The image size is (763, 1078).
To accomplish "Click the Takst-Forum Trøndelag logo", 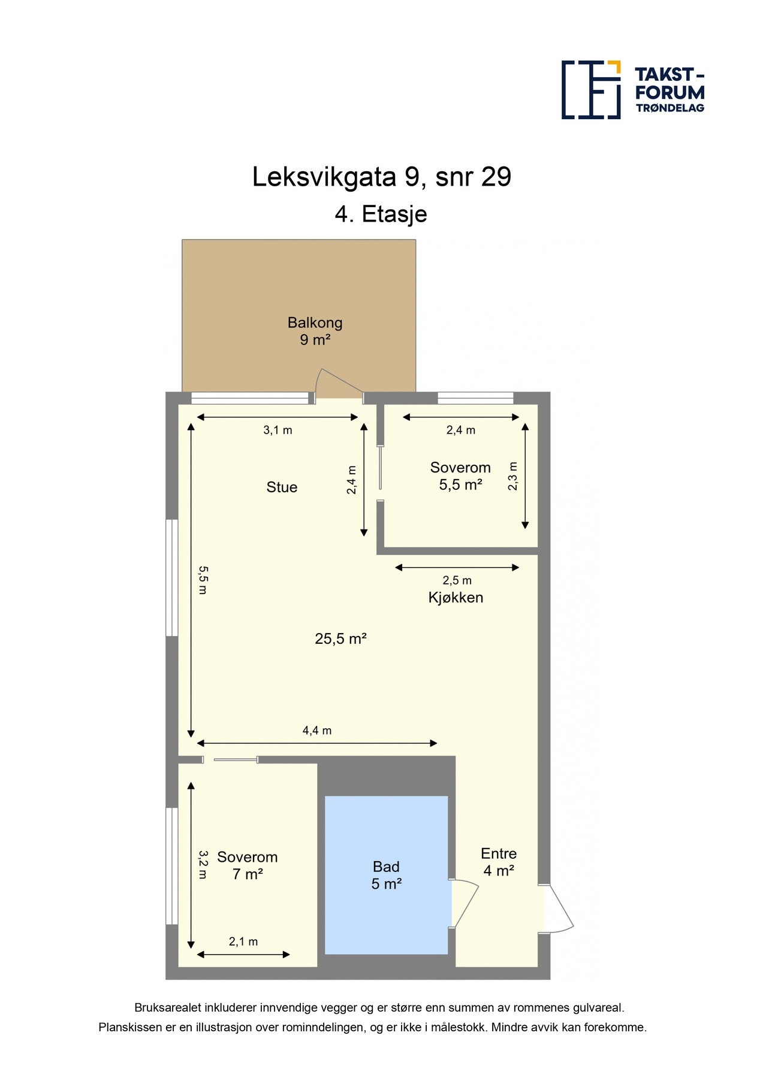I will pyautogui.click(x=632, y=90).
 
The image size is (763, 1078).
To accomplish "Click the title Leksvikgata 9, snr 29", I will pyautogui.click(x=381, y=177).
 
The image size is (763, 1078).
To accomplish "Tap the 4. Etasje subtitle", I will pyautogui.click(x=381, y=214).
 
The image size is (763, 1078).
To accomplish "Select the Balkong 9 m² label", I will pyautogui.click(x=315, y=331).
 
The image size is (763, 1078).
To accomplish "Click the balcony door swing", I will pyautogui.click(x=339, y=384).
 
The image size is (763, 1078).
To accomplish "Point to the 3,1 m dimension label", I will pyautogui.click(x=278, y=430).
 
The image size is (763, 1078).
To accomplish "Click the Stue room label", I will pyautogui.click(x=282, y=487).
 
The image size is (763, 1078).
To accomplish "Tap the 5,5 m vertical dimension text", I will pyautogui.click(x=203, y=580).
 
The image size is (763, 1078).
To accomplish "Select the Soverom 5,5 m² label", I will pyautogui.click(x=460, y=476).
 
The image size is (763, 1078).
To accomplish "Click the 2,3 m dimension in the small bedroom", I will pyautogui.click(x=512, y=476).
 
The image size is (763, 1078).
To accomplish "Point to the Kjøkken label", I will pyautogui.click(x=456, y=598).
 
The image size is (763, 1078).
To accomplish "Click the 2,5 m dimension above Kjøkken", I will pyautogui.click(x=457, y=580).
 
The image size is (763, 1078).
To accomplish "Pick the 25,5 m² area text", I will pyautogui.click(x=340, y=639).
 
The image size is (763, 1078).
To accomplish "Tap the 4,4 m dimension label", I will pyautogui.click(x=316, y=731).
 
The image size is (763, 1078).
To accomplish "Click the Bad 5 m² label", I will pyautogui.click(x=386, y=875).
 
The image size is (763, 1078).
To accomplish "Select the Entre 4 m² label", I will pyautogui.click(x=499, y=862).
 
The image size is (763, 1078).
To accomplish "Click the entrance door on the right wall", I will pyautogui.click(x=557, y=909).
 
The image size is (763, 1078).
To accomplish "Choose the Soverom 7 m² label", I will pyautogui.click(x=247, y=865).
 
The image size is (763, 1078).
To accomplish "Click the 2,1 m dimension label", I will pyautogui.click(x=243, y=941).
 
